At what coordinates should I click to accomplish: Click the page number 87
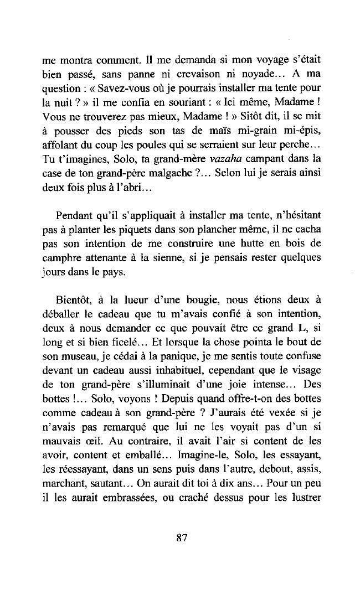pyautogui.click(x=181, y=537)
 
